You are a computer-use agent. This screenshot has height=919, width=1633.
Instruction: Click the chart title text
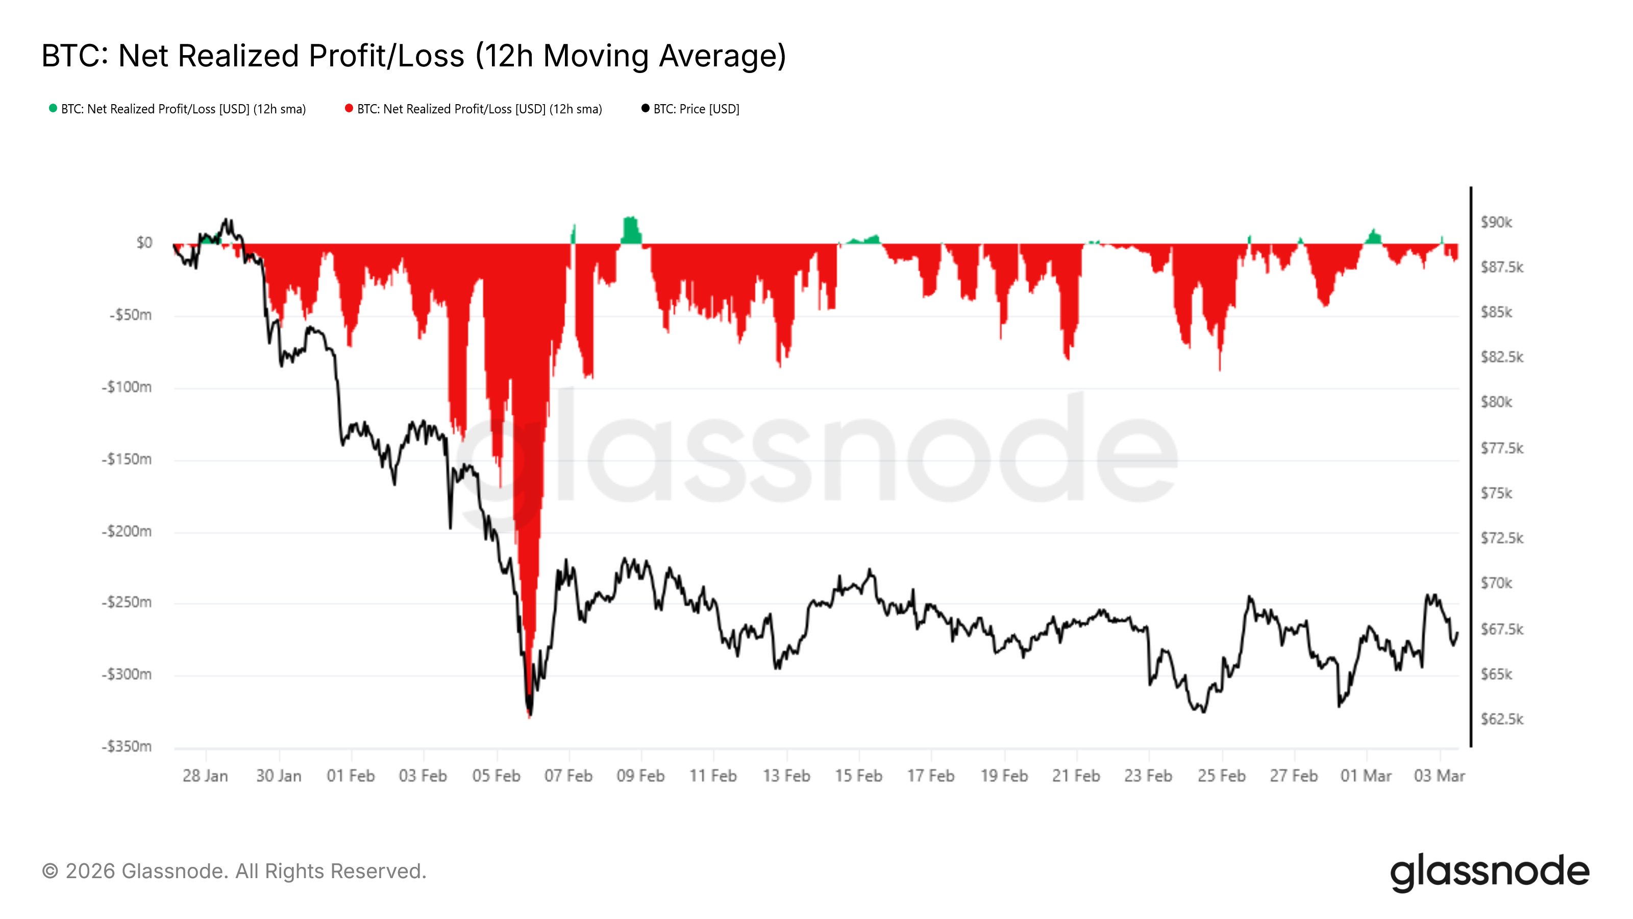pos(413,56)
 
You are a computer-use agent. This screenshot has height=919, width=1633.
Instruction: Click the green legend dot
pos(53,108)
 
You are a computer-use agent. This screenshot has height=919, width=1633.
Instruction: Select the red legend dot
pos(349,108)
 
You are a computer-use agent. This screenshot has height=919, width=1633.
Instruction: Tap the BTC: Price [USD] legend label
pos(696,109)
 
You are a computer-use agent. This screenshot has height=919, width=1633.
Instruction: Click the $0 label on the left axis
pos(144,243)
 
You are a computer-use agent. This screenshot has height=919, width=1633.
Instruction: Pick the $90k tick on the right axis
pos(1496,222)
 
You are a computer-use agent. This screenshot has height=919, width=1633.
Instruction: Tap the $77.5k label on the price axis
pos(1501,448)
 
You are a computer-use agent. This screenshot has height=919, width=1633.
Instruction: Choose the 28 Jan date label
pos(205,776)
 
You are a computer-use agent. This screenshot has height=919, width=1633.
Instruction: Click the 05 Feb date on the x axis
pos(496,776)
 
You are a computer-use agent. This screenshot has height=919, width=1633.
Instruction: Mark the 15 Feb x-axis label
pos(858,776)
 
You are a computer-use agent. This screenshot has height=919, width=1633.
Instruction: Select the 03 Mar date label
pos(1439,776)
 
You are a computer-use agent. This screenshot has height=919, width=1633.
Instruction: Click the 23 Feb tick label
pos(1148,776)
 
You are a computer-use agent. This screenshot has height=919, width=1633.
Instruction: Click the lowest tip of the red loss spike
pos(529,715)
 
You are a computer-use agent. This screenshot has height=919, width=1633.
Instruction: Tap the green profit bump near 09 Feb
pos(631,231)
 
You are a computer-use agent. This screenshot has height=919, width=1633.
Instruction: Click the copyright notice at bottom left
pos(234,872)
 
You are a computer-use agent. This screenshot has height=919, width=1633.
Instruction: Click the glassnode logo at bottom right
pos(1490,872)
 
